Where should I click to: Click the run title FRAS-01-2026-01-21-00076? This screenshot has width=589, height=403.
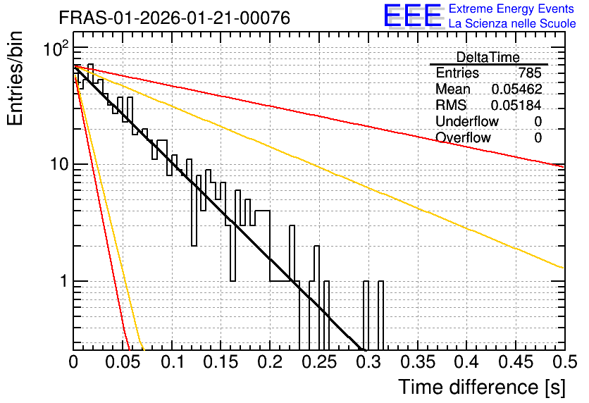click(x=175, y=18)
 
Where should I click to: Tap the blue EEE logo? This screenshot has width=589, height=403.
click(x=413, y=15)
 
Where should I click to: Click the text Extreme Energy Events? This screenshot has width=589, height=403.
click(x=512, y=8)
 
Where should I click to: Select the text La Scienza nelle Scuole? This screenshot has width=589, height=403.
click(x=512, y=24)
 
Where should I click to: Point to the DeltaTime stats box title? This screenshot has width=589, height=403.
click(x=488, y=57)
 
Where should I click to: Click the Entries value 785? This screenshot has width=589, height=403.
click(x=530, y=73)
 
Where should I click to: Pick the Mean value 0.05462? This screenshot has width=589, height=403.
click(x=517, y=89)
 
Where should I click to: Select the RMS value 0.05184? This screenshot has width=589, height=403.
click(x=516, y=106)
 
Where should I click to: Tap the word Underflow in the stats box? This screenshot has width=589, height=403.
click(x=467, y=121)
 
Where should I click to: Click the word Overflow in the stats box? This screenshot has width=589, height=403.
click(x=463, y=137)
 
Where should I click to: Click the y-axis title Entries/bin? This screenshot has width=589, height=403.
click(x=15, y=78)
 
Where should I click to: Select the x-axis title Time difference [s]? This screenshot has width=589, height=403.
click(x=482, y=387)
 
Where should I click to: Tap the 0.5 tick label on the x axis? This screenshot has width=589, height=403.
click(x=566, y=362)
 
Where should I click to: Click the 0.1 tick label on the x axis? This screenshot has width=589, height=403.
click(x=173, y=362)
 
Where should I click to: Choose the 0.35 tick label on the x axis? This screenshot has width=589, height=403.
click(x=418, y=362)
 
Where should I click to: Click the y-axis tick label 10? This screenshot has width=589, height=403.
click(x=60, y=164)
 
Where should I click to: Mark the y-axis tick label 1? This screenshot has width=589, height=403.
click(x=64, y=281)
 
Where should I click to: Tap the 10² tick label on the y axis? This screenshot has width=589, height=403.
click(x=57, y=48)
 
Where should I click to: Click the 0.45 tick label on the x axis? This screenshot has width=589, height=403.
click(x=516, y=362)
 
